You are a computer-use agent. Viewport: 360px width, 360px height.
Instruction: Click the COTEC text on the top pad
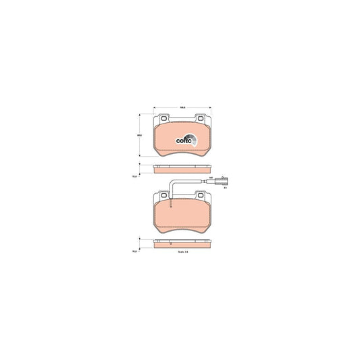point(182,140)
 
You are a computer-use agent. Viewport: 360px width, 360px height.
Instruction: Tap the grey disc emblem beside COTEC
point(192,140)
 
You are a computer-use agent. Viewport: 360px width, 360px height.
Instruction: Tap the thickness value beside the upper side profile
point(135,177)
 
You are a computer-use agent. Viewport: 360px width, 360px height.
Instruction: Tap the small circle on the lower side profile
point(172,244)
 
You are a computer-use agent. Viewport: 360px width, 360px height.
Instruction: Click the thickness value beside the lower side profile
point(135,252)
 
